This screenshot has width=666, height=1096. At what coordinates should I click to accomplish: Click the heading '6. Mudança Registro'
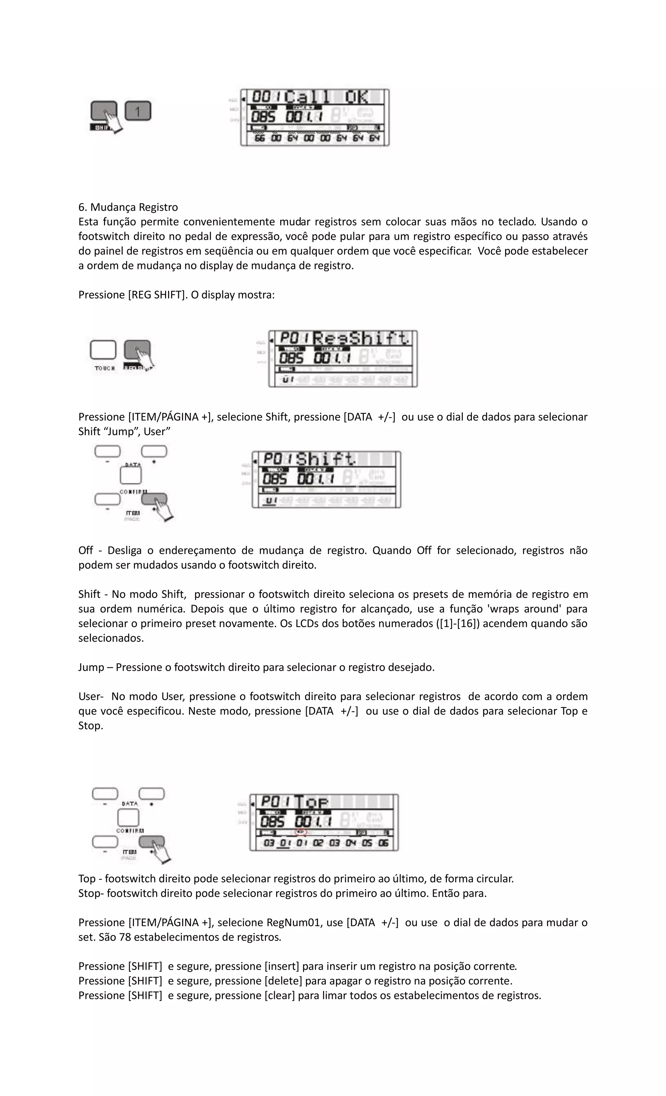pyautogui.click(x=128, y=207)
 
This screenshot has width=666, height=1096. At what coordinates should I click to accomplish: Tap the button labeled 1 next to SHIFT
pyautogui.click(x=138, y=111)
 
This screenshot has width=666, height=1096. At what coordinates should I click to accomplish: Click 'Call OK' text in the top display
pyautogui.click(x=326, y=97)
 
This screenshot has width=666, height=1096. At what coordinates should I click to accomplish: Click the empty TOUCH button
pyautogui.click(x=103, y=350)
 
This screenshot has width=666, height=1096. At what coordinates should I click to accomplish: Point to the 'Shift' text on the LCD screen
pyautogui.click(x=326, y=459)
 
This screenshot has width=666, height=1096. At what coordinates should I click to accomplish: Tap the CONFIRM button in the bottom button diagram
pyautogui.click(x=128, y=818)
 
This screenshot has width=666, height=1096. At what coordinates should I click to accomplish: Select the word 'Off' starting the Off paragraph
pyautogui.click(x=86, y=551)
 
